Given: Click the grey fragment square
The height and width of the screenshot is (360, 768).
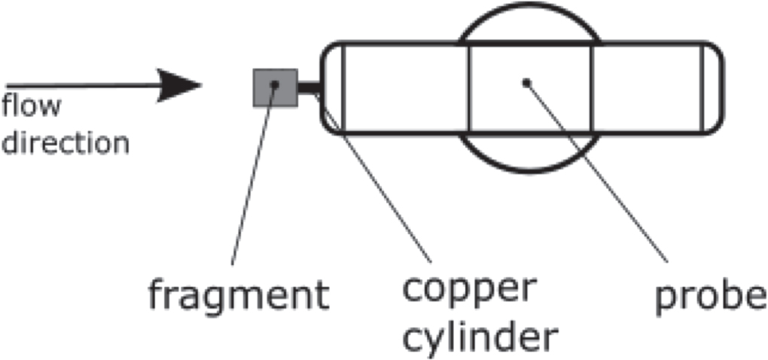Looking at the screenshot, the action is coord(275,87).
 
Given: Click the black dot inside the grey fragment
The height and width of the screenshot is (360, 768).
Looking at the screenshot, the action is coord(275,85).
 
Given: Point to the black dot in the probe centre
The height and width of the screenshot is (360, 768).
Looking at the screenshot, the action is coord(526,83).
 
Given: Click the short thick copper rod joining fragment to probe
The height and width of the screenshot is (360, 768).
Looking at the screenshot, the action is coord(309,87).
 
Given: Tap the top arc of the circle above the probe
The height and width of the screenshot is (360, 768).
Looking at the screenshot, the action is coord(529,5).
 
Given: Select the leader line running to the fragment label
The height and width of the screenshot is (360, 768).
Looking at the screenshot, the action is coord(253,175).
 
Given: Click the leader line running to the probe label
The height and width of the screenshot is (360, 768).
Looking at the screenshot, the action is coord(596,172).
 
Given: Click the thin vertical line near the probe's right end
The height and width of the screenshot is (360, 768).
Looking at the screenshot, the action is coord(703,87).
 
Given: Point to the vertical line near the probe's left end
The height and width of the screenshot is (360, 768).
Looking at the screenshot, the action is coord(343,87).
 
